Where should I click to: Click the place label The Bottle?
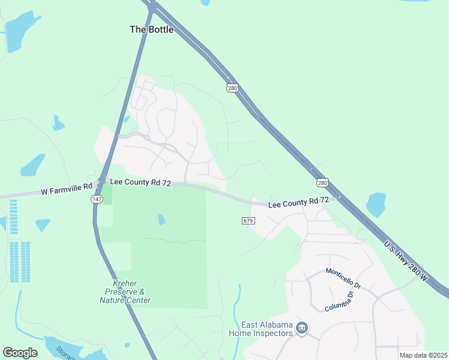coord(152,29)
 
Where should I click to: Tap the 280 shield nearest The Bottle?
coord(232,88)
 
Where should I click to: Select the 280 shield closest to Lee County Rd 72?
coord(322,182)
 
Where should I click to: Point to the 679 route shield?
coord(249,221)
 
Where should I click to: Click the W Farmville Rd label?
coord(67,192)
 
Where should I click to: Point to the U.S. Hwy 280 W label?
coord(406,261)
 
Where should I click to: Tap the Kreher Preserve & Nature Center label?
coord(125,292)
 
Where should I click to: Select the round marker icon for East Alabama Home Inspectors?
coord(302,328)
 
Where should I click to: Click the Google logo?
coord(20,353)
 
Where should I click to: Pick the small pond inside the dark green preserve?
coord(161,220)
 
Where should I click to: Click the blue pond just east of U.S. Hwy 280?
coord(376,205)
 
